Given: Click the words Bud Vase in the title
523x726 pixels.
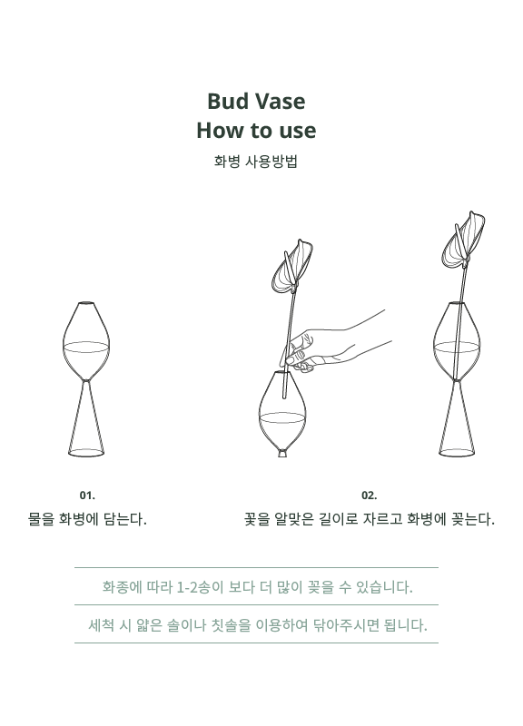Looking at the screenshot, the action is [x=256, y=102].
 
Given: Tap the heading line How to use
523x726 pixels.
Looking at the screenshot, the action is [x=256, y=130].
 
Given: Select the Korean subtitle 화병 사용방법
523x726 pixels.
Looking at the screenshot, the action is [x=256, y=162].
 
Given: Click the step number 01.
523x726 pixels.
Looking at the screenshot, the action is [x=87, y=495].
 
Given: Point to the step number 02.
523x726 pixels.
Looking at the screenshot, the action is [x=370, y=495].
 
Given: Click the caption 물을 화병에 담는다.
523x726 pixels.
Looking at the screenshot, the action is [x=87, y=519].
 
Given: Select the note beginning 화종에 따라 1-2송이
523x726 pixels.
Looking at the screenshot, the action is [x=257, y=587].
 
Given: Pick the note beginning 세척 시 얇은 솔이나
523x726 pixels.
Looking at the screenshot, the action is [x=258, y=625].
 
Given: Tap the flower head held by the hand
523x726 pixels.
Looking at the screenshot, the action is [x=291, y=267].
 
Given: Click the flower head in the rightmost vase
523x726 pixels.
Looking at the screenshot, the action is [x=463, y=240].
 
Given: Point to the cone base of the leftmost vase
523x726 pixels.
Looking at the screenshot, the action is [x=86, y=419].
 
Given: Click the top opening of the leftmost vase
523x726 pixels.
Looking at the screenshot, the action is [x=86, y=303].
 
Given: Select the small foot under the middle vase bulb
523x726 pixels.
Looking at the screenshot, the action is [x=282, y=452].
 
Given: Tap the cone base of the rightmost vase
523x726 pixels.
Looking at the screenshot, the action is [x=457, y=419].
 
